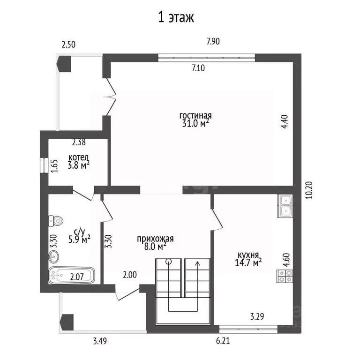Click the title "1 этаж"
point(176,17)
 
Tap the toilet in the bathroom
point(56,221)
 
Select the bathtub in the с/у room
point(72,275)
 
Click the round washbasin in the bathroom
point(54,256)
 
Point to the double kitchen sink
point(285,206)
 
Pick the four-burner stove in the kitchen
point(285,276)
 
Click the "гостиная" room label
point(195,115)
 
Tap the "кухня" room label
point(248,255)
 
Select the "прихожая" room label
point(155,239)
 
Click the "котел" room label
point(79,157)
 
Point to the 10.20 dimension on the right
point(309,190)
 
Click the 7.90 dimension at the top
point(213,41)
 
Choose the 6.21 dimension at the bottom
point(223,341)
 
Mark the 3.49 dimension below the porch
point(100,341)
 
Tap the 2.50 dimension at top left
point(68,45)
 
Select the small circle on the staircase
point(169,261)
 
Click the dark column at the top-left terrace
point(64,64)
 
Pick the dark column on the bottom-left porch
point(67,322)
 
